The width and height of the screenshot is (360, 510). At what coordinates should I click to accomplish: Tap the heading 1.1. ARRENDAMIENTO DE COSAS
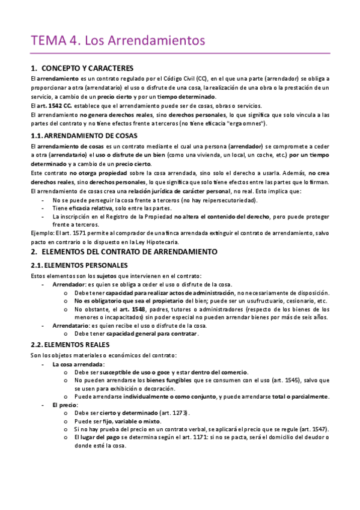(x=84, y=135)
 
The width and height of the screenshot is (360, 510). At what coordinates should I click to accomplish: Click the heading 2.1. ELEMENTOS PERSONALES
(x=79, y=265)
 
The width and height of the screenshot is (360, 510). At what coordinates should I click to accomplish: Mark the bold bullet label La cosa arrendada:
(x=78, y=364)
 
